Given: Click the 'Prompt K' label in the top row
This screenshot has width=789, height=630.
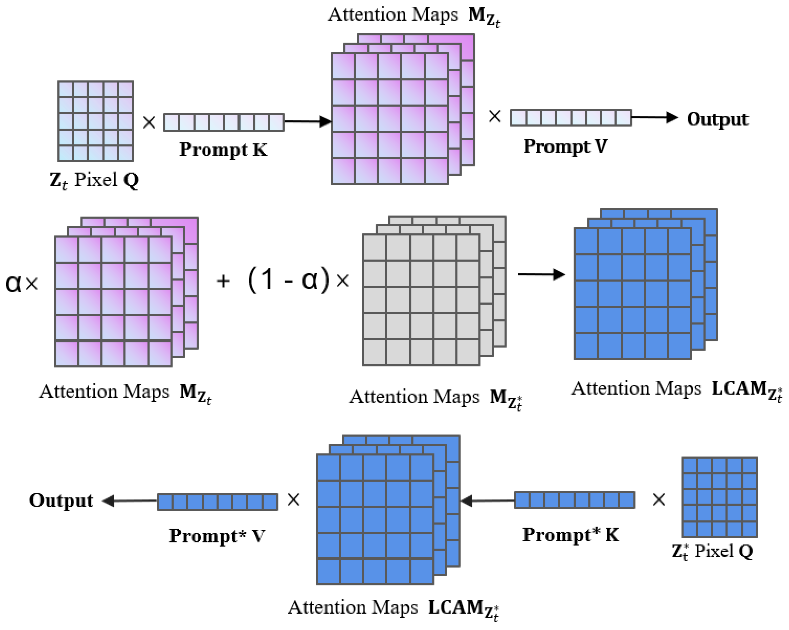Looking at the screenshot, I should [x=223, y=149].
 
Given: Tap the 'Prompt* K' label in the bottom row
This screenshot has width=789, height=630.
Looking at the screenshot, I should [x=570, y=535].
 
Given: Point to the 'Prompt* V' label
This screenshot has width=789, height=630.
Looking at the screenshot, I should [x=217, y=536].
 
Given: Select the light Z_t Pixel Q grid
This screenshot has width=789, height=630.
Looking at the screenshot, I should [x=96, y=121].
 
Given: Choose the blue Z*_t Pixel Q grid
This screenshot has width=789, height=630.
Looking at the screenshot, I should [x=720, y=497].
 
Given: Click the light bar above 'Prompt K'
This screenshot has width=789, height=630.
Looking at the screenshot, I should [x=224, y=122].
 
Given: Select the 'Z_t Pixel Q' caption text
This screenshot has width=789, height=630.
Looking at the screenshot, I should [x=95, y=180].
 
